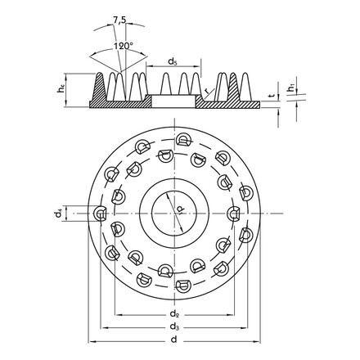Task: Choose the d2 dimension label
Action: [174, 313]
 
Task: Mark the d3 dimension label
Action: [174, 327]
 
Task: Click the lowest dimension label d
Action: [174, 340]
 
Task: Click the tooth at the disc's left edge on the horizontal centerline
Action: [99, 214]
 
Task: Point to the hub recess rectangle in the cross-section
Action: [173, 102]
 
